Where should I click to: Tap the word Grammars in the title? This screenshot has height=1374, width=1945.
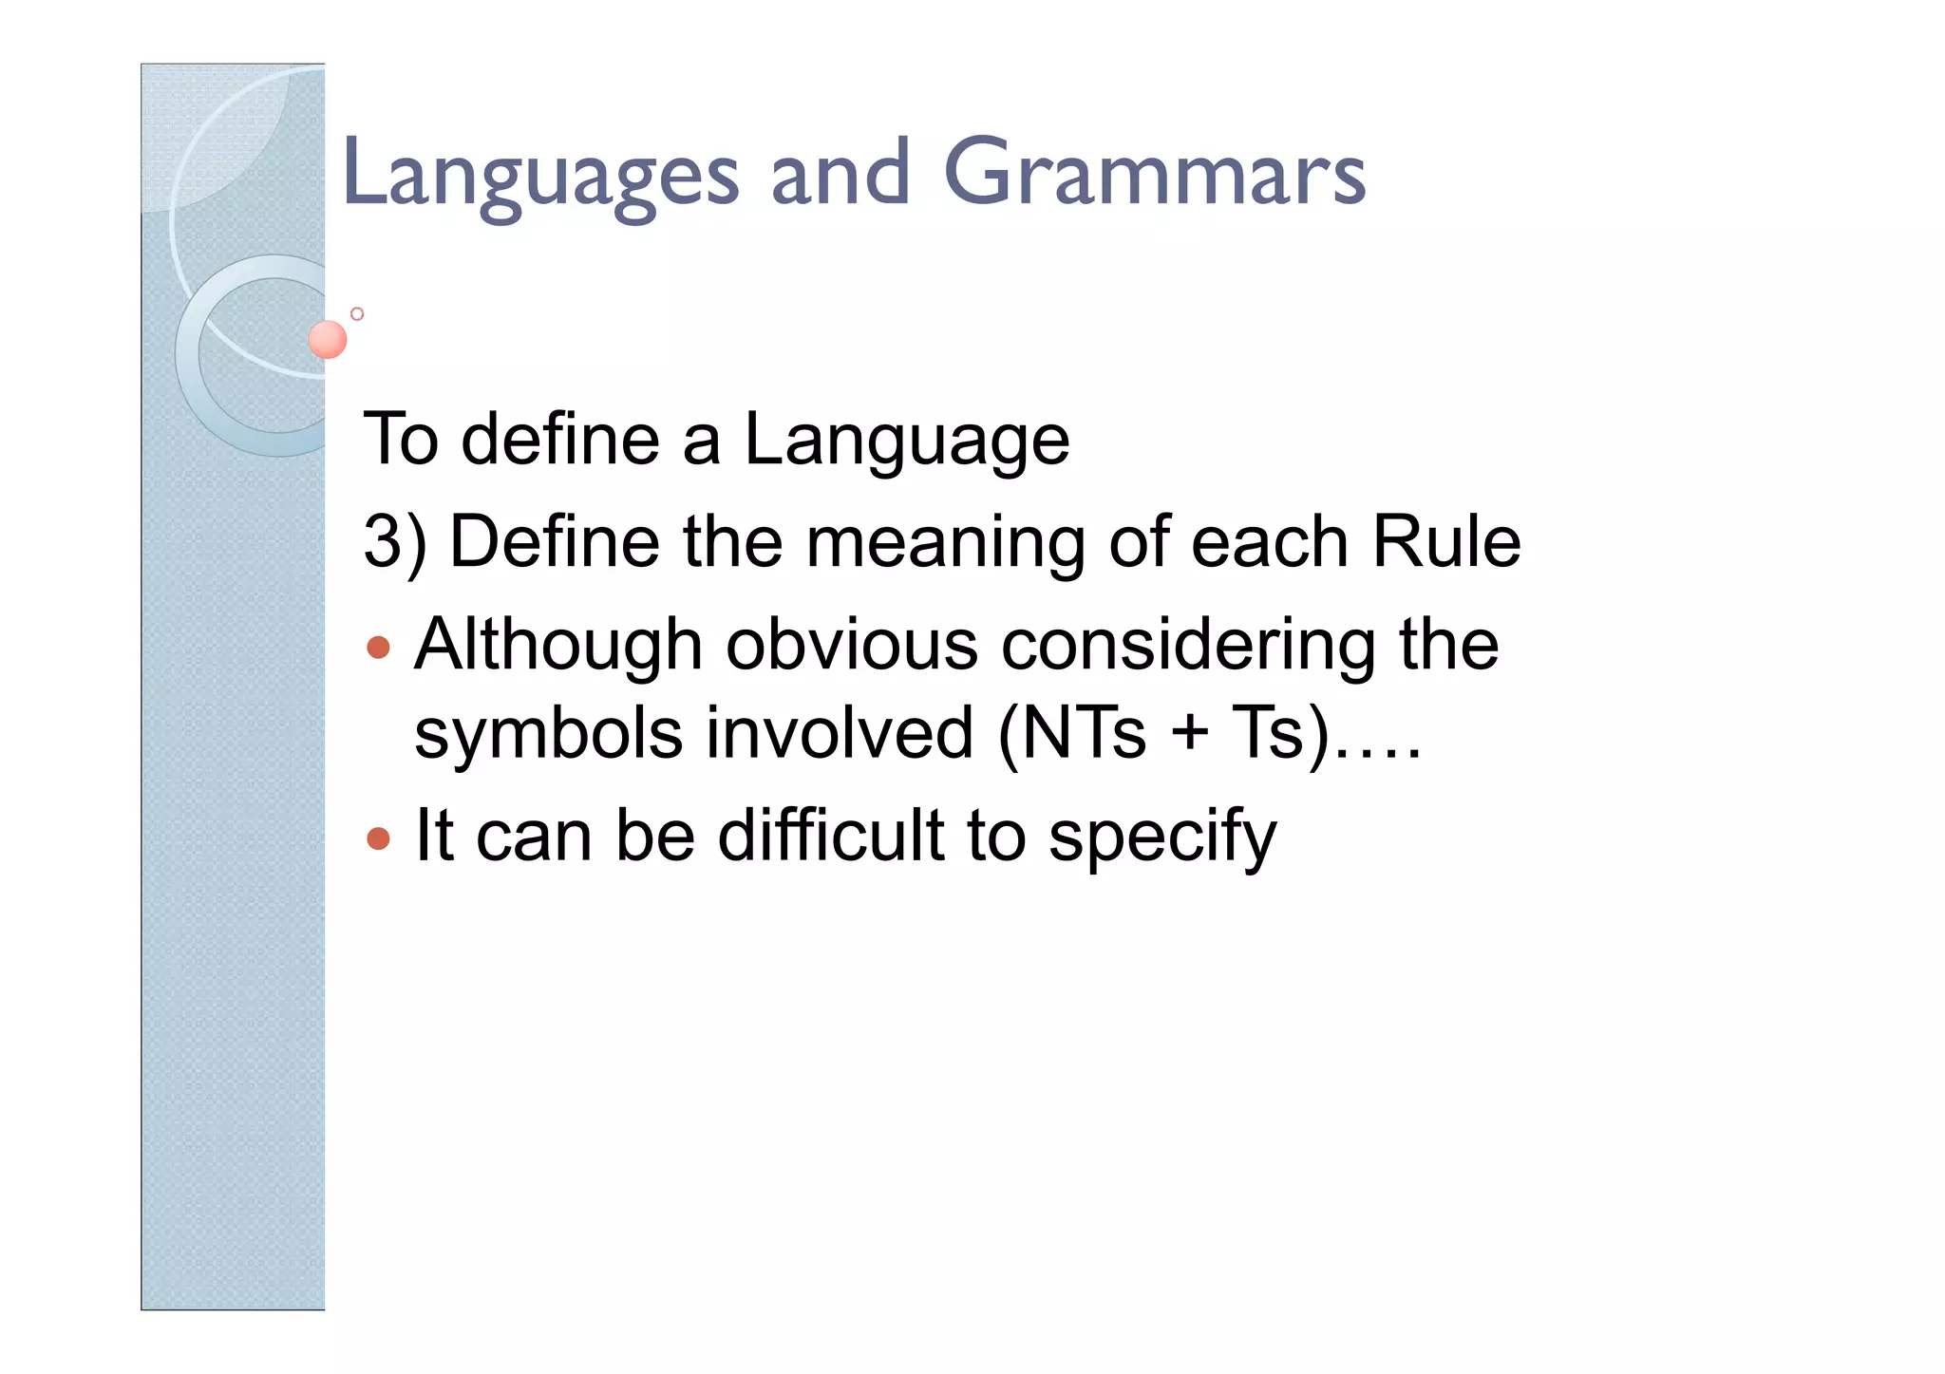pyautogui.click(x=1154, y=174)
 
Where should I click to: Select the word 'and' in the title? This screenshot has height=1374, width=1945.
pyautogui.click(x=840, y=174)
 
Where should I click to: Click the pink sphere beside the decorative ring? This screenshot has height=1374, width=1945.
pyautogui.click(x=328, y=339)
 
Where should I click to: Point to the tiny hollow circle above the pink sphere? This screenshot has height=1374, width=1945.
pyautogui.click(x=357, y=313)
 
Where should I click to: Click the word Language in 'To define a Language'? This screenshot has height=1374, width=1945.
pyautogui.click(x=906, y=442)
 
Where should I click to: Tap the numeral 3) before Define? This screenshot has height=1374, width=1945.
pyautogui.click(x=394, y=543)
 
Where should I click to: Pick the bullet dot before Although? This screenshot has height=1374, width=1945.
pyautogui.click(x=378, y=648)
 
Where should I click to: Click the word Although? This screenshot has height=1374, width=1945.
pyautogui.click(x=557, y=647)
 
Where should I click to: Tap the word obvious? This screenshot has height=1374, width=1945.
pyautogui.click(x=851, y=647)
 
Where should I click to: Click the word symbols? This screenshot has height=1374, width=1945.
pyautogui.click(x=548, y=734)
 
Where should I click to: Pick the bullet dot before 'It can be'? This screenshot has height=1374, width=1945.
pyautogui.click(x=378, y=838)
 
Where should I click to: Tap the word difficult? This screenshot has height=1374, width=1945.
pyautogui.click(x=830, y=836)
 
